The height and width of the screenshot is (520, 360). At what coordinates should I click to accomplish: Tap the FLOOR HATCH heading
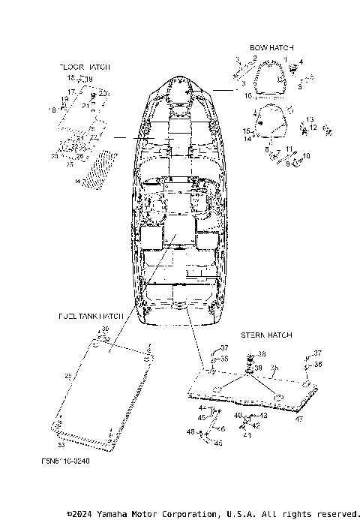[85, 67]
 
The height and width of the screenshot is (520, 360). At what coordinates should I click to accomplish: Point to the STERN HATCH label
[266, 335]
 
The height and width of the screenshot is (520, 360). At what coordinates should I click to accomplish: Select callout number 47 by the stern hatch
[298, 419]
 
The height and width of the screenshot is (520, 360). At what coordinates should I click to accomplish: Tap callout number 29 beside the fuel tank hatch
[68, 376]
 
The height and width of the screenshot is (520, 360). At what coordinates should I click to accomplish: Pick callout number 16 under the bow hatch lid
[248, 96]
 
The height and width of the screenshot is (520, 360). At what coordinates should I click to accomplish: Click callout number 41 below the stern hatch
[247, 434]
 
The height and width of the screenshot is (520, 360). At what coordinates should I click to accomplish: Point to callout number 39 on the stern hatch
[259, 368]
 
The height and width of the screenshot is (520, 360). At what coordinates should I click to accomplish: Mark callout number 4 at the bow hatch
[301, 62]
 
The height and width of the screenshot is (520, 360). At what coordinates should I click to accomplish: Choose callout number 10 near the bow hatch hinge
[305, 156]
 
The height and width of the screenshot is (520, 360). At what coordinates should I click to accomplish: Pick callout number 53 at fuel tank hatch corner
[61, 425]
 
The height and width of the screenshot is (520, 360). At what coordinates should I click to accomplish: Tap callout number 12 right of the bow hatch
[313, 127]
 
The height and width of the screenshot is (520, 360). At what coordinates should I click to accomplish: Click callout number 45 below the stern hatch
[202, 417]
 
